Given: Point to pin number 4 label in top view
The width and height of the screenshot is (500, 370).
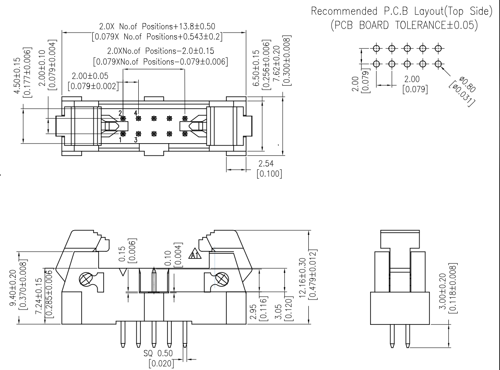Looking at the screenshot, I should pos(136,113).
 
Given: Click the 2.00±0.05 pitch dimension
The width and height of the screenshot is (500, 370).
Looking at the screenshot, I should pos(90,76).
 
